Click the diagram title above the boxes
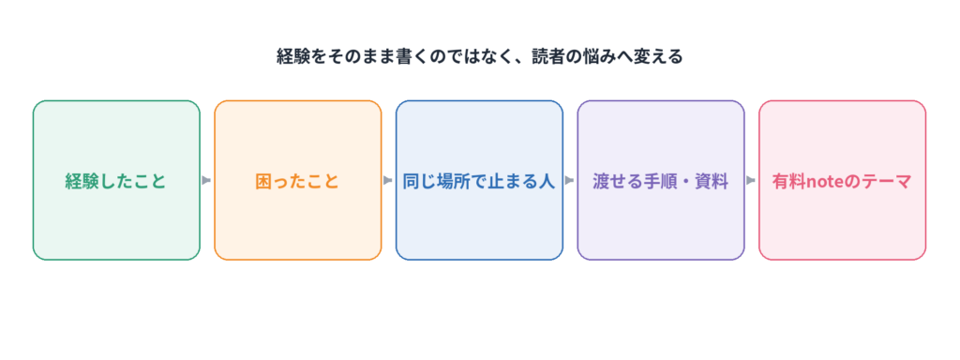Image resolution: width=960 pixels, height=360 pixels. pyautogui.click(x=479, y=57)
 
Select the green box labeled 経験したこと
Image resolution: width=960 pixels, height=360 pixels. pyautogui.click(x=116, y=180)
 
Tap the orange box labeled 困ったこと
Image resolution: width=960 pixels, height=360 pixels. pyautogui.click(x=297, y=180)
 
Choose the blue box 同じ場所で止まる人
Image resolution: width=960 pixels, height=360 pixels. pyautogui.click(x=479, y=180)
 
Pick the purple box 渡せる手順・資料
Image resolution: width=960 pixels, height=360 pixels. pyautogui.click(x=661, y=180)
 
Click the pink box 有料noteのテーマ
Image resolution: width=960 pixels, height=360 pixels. pyautogui.click(x=843, y=180)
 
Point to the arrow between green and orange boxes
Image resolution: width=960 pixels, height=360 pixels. pyautogui.click(x=206, y=180)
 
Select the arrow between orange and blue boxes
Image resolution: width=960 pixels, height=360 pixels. pyautogui.click(x=387, y=180)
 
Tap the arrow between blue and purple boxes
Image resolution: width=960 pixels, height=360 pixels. pyautogui.click(x=569, y=180)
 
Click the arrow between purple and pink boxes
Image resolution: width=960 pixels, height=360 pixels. pyautogui.click(x=751, y=180)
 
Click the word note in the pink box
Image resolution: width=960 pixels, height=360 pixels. pyautogui.click(x=828, y=182)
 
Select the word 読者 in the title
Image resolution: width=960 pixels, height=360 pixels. pyautogui.click(x=552, y=57)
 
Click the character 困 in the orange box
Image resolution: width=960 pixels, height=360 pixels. pyautogui.click(x=263, y=181)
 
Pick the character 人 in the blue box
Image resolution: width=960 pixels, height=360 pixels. pyautogui.click(x=547, y=181)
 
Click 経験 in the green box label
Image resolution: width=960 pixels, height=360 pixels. pyautogui.click(x=82, y=181)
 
